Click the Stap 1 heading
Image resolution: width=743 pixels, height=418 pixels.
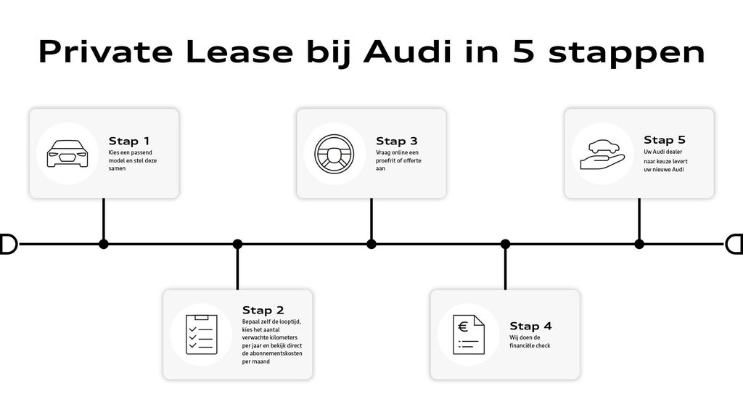[129, 141]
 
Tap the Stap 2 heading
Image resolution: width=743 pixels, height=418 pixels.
[263, 311]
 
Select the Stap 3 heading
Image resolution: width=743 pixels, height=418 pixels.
[397, 141]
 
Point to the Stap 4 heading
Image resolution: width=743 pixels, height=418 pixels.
[530, 327]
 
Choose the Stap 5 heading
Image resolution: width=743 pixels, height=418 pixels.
[665, 140]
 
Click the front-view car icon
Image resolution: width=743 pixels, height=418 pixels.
[67, 153]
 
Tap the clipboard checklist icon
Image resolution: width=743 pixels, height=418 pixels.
[201, 335]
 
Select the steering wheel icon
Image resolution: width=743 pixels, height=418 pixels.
[334, 154]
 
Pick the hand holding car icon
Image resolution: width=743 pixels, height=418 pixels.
[602, 153]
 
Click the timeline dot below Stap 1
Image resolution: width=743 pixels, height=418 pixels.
[104, 244]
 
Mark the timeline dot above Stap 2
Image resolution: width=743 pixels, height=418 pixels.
[237, 244]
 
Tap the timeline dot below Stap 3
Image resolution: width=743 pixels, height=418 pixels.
[371, 244]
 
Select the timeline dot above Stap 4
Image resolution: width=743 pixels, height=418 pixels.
[505, 244]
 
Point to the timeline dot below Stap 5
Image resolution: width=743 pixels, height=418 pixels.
[639, 244]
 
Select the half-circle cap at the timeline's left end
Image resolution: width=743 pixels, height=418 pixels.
[9, 244]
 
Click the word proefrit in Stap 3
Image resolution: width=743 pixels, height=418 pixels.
[389, 160]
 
